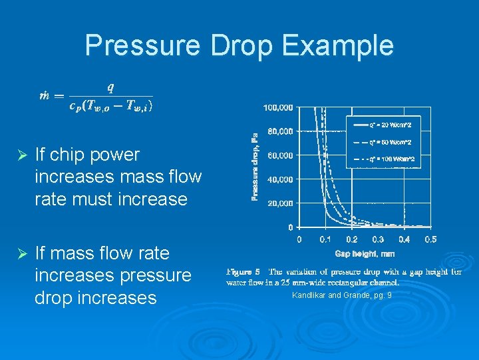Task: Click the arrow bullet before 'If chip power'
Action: coord(21,155)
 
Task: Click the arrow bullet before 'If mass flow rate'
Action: coord(21,254)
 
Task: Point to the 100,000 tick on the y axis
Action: coord(278,107)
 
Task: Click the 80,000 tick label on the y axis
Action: coord(280,131)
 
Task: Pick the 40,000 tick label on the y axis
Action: coord(280,179)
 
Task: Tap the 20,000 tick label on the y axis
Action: coord(280,203)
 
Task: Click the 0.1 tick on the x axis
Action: coord(325,239)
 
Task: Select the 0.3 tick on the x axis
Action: coord(377,239)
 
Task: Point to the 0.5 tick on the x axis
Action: coord(430,239)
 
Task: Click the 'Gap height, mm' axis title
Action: coord(365,253)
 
